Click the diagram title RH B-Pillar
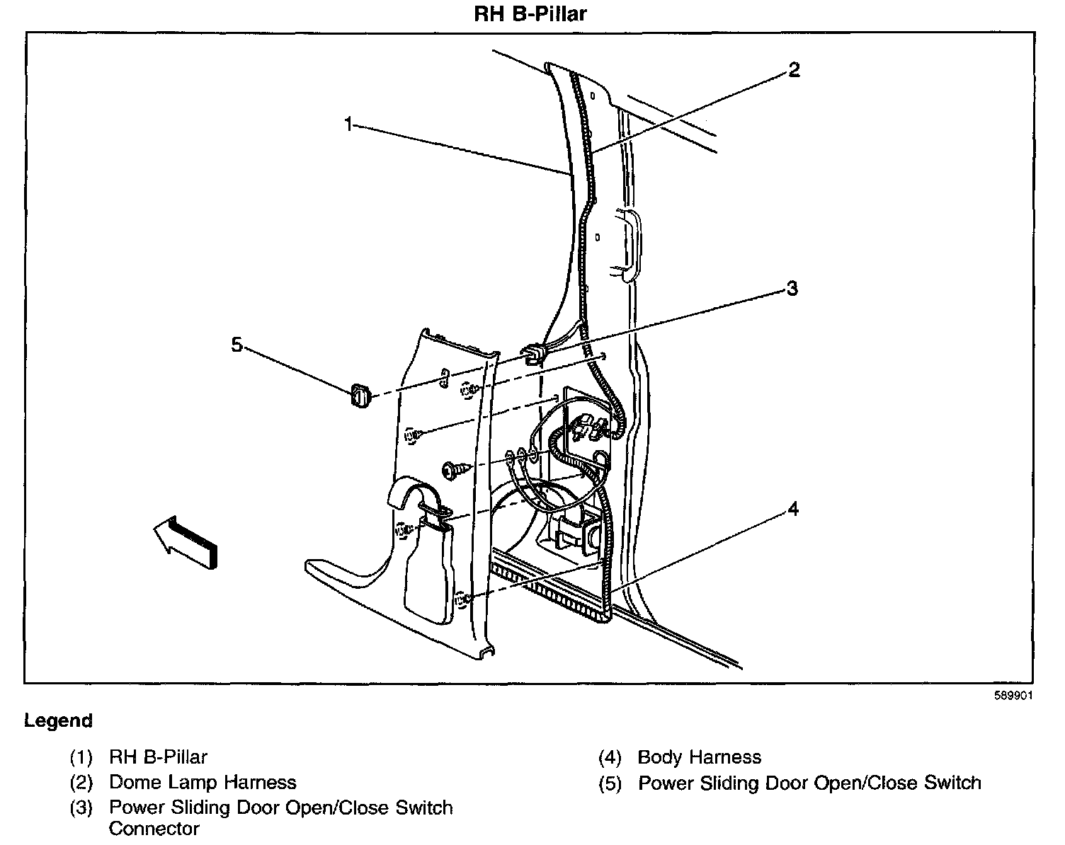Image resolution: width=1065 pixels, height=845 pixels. pyautogui.click(x=530, y=14)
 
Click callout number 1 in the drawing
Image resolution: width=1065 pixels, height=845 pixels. pyautogui.click(x=348, y=125)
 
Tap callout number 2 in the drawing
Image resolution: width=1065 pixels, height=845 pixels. pyautogui.click(x=794, y=69)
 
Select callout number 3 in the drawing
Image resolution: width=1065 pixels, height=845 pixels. pyautogui.click(x=792, y=288)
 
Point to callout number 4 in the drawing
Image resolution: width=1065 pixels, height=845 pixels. pyautogui.click(x=794, y=508)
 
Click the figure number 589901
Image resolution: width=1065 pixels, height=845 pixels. pyautogui.click(x=1013, y=696)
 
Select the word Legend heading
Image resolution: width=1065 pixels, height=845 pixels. pyautogui.click(x=58, y=721)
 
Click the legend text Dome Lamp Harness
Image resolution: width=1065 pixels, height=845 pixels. pyautogui.click(x=203, y=782)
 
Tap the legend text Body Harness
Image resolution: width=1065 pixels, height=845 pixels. pyautogui.click(x=699, y=757)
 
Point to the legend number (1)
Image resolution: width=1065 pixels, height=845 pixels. pyautogui.click(x=81, y=757)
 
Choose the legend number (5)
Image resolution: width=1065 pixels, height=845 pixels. pyautogui.click(x=610, y=783)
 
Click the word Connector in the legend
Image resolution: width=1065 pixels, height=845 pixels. pyautogui.click(x=154, y=828)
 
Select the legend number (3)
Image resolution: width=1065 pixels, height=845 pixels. pyautogui.click(x=81, y=807)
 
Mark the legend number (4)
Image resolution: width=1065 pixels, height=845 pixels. pyautogui.click(x=610, y=757)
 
